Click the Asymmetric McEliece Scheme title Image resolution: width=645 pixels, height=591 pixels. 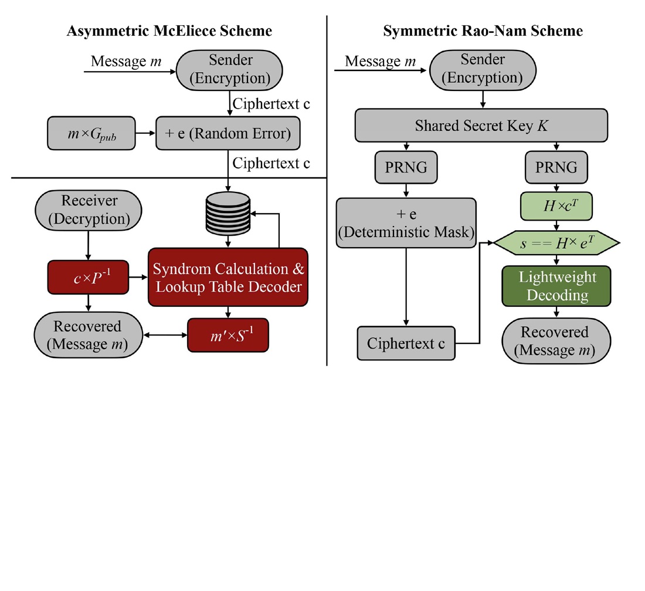click(x=169, y=31)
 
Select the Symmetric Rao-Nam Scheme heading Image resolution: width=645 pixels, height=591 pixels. click(x=483, y=31)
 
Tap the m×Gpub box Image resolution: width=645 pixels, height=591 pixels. click(x=91, y=133)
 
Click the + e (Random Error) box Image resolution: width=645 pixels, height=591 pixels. click(x=228, y=133)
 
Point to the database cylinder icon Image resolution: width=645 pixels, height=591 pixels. click(x=228, y=214)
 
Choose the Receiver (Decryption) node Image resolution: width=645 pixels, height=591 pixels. click(x=89, y=210)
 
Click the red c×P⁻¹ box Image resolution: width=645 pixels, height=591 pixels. click(x=88, y=277)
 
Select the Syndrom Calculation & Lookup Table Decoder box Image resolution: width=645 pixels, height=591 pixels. click(x=228, y=277)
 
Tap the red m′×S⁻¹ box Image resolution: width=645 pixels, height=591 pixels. click(x=228, y=335)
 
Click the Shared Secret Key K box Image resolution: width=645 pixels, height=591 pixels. click(x=481, y=125)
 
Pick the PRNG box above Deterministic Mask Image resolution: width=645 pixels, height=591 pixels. click(x=406, y=167)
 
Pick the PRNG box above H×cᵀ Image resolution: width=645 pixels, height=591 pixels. click(x=556, y=167)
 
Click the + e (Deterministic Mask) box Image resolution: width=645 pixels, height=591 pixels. click(x=406, y=223)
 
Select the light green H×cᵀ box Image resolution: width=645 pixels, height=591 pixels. click(x=556, y=206)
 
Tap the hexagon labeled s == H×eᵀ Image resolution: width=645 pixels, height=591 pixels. click(x=556, y=243)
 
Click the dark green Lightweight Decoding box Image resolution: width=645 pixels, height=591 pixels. click(x=556, y=286)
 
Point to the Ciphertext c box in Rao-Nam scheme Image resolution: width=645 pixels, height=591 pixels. click(x=406, y=343)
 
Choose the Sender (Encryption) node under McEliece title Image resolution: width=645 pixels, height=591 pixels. click(x=229, y=70)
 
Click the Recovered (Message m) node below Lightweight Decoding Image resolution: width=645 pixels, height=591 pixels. click(x=556, y=340)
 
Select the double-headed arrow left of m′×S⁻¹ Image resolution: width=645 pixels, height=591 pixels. click(x=165, y=335)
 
